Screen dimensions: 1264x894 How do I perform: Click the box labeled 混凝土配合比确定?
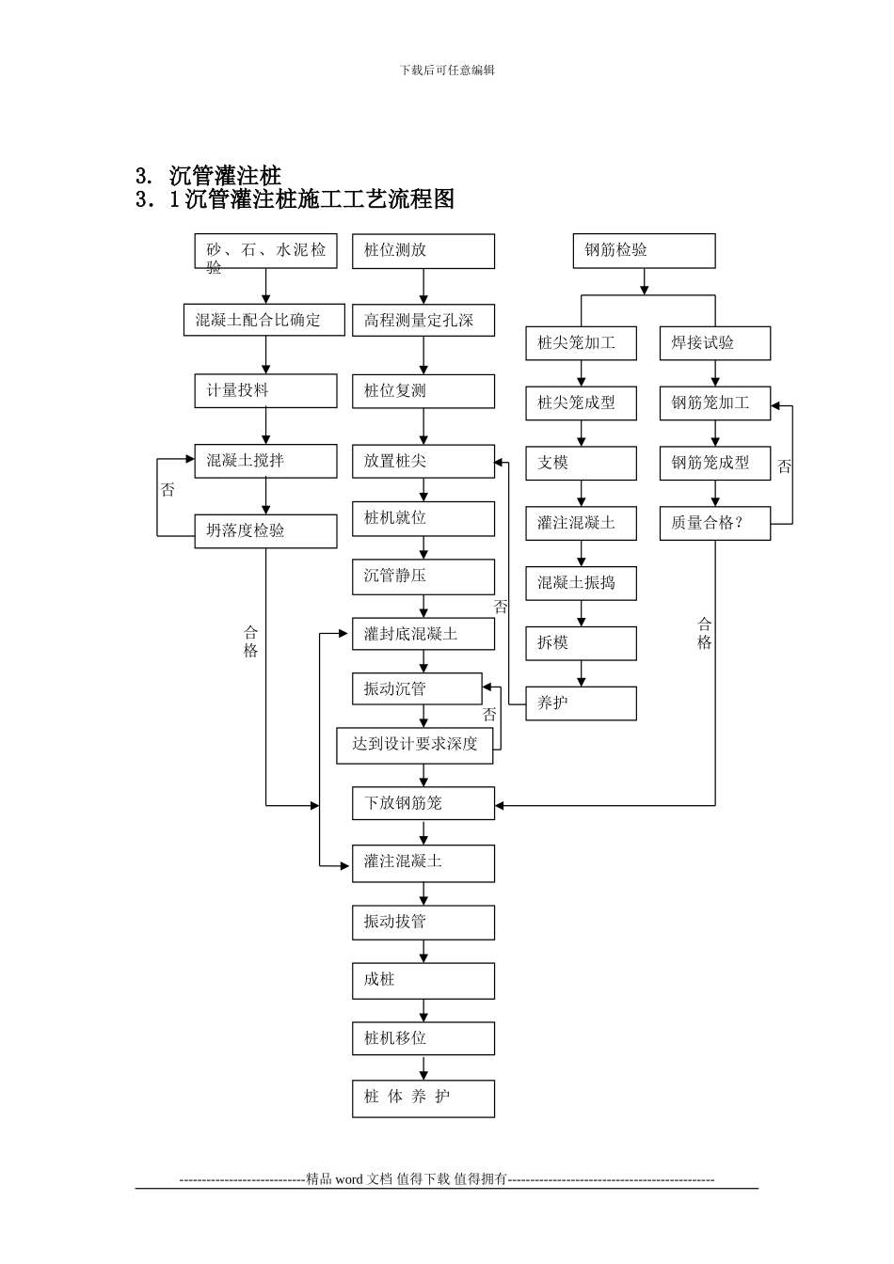259,320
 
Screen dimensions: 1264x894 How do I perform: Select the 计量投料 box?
265,390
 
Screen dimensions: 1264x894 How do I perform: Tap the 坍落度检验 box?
265,530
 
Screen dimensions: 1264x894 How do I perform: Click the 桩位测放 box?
423,251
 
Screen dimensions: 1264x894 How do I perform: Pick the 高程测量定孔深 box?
423,321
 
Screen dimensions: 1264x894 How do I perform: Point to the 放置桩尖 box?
423,461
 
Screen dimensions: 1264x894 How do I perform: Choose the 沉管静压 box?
423,576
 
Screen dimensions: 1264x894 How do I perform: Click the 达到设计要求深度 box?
415,745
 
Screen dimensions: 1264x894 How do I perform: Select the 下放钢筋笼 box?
423,803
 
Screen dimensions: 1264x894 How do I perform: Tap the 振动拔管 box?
423,922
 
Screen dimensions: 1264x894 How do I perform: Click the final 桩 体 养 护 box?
423,1098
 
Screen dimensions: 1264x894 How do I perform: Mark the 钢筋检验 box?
645,250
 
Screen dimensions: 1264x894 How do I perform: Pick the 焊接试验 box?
715,343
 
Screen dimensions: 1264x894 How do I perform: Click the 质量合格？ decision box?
715,523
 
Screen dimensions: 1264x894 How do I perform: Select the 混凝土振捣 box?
581,583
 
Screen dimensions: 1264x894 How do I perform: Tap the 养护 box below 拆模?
581,703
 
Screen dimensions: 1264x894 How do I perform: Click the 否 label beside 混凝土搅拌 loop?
168,490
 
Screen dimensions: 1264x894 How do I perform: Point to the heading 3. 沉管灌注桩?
209,176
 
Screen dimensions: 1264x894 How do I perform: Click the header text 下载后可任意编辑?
447,70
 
